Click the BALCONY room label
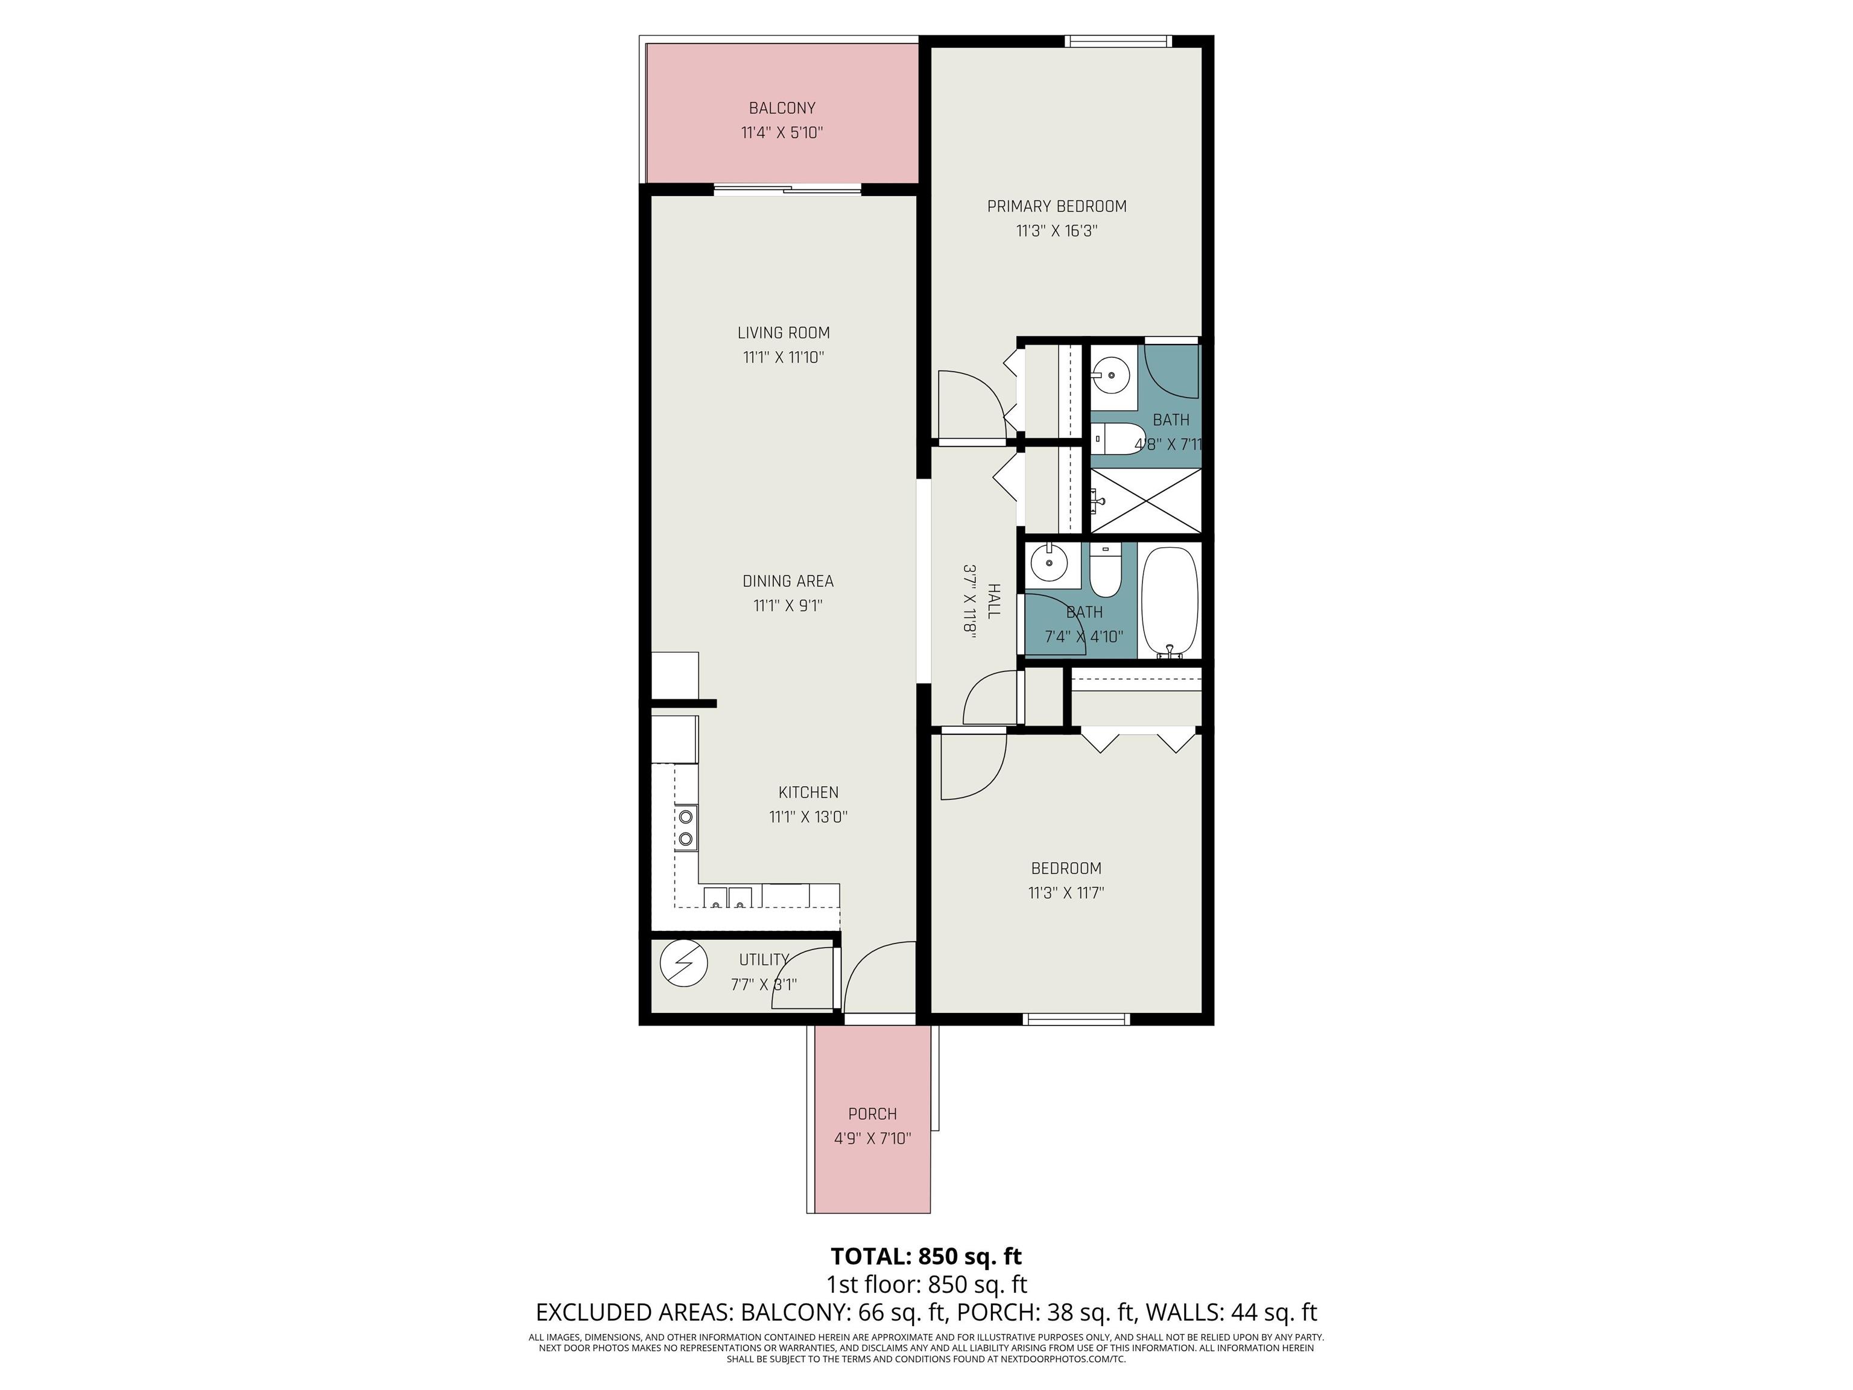782,108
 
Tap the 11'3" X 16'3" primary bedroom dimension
1056,231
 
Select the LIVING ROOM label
784,332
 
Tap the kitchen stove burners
686,827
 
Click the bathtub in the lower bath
1170,601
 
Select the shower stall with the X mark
1145,501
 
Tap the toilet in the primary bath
1114,438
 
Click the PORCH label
872,1114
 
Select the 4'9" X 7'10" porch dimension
872,1138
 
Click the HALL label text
993,601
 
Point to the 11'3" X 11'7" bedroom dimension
1066,893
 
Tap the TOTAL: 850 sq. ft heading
926,1257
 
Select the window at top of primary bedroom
1117,40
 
